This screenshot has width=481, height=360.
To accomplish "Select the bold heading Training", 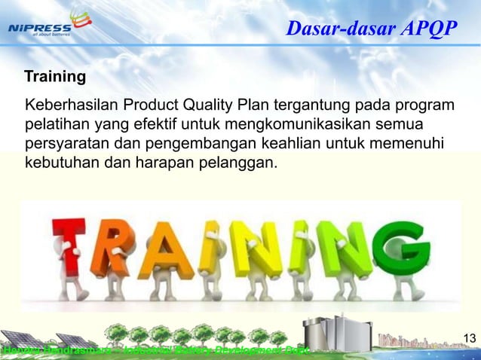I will click(55, 77).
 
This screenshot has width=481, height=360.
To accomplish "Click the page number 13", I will click(468, 337).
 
